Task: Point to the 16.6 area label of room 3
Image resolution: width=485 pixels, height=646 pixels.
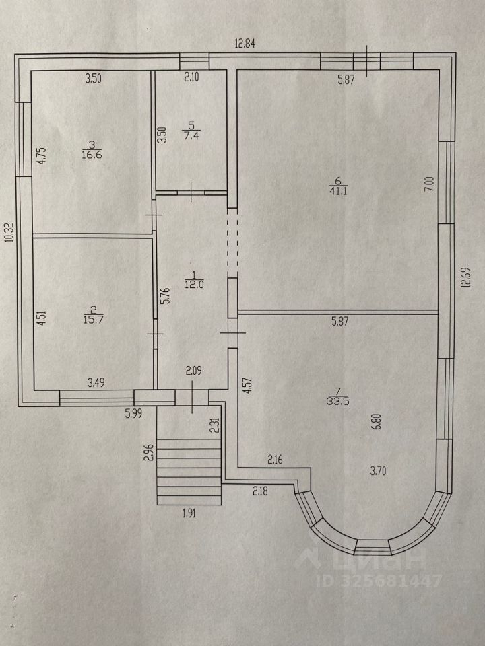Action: pos(92,154)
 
